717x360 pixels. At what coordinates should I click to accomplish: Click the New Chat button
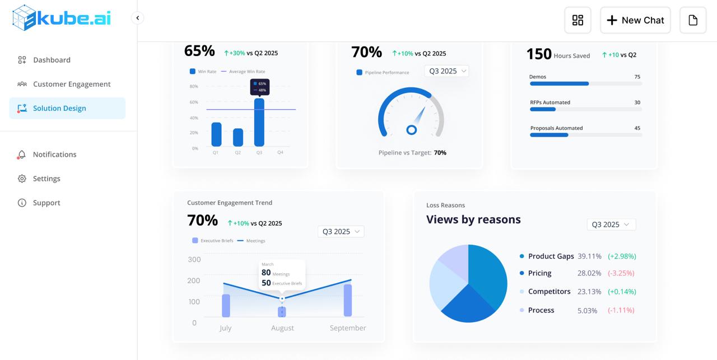point(635,20)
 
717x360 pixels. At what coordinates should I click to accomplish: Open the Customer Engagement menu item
point(72,84)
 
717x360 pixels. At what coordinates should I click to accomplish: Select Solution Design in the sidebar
point(59,108)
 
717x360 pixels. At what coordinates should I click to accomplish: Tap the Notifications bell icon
point(22,155)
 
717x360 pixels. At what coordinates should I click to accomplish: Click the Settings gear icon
point(22,179)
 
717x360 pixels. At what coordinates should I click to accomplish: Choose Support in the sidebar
point(46,203)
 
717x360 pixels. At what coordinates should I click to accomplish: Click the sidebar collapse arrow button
point(137,18)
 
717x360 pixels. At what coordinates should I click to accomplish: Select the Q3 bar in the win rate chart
point(259,123)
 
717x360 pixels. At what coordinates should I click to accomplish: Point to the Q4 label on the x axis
point(280,152)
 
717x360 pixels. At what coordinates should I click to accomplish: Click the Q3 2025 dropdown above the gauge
point(447,71)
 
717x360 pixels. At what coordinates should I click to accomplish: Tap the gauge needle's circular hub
point(411,130)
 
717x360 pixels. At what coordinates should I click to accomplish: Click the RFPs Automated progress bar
point(585,109)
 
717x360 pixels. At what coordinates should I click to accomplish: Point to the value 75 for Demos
point(637,77)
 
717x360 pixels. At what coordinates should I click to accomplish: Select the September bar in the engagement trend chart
point(348,300)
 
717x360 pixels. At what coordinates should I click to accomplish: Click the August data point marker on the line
point(282,299)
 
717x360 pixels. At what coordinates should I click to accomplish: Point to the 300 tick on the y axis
point(194,259)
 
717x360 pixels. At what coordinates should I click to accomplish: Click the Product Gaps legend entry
point(551,256)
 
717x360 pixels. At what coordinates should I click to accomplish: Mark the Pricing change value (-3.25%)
point(621,273)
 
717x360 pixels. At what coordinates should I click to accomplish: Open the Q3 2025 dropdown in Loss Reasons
point(611,225)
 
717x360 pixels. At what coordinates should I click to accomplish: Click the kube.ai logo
point(62,18)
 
